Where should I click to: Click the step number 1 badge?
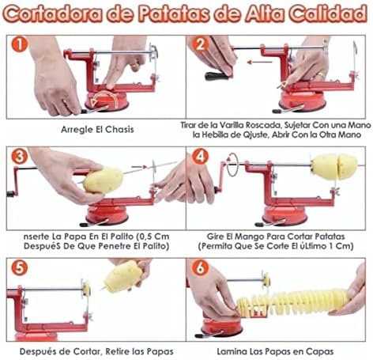(19, 44)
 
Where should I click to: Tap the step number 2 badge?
(200, 44)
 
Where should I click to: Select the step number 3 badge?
(19, 157)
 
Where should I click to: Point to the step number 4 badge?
(200, 157)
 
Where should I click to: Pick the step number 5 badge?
(19, 268)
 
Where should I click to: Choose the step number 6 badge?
(200, 268)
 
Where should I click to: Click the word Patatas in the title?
(174, 13)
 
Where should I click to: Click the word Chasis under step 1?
(119, 130)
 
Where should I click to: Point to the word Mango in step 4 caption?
(250, 237)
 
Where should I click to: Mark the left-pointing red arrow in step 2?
(259, 63)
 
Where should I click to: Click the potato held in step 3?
(103, 180)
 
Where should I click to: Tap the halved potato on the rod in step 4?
(334, 166)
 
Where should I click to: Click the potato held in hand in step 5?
(122, 276)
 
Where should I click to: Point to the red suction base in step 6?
(221, 328)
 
